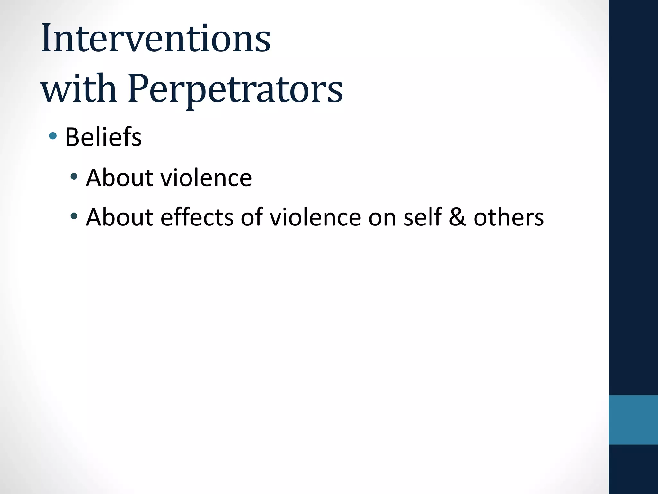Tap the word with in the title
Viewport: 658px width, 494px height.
[79, 88]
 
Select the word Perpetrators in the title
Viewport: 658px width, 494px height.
[235, 88]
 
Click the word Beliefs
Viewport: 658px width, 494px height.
[103, 137]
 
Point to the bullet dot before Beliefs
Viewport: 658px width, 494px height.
[53, 136]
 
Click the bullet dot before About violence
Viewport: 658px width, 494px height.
[74, 176]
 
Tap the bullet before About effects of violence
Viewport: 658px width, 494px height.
[74, 216]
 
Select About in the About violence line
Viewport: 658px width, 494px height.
[120, 178]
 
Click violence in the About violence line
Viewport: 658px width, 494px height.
[206, 178]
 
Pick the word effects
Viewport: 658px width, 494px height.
[197, 217]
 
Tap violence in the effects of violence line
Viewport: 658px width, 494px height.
[315, 217]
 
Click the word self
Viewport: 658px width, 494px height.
[422, 217]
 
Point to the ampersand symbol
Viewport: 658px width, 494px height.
[458, 217]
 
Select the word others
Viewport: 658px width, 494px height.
[509, 217]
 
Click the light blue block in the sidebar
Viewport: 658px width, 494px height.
[633, 420]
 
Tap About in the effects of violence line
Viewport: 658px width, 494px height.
[120, 217]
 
